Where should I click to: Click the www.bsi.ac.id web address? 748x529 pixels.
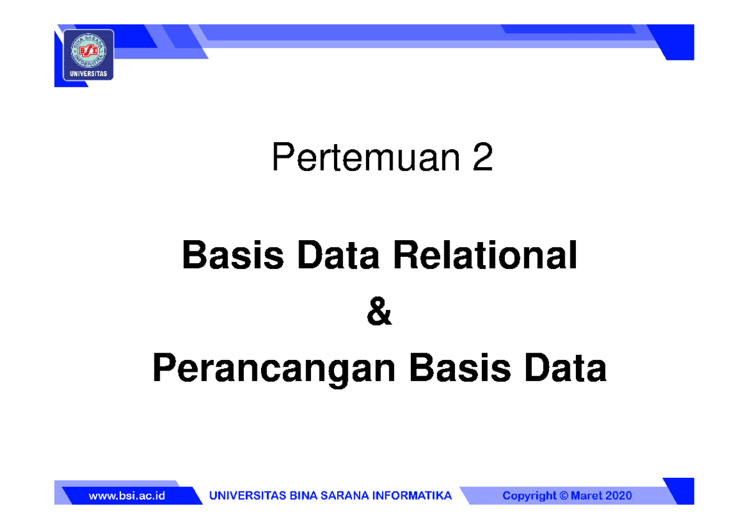[x=127, y=496]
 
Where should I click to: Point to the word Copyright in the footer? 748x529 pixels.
[x=529, y=496]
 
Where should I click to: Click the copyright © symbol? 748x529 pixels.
[x=565, y=496]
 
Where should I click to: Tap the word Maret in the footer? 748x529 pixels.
[x=588, y=496]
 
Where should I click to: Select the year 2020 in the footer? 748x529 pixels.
[x=620, y=496]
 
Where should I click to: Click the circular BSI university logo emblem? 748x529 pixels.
[x=89, y=49]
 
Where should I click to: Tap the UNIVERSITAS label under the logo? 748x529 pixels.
[x=89, y=74]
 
